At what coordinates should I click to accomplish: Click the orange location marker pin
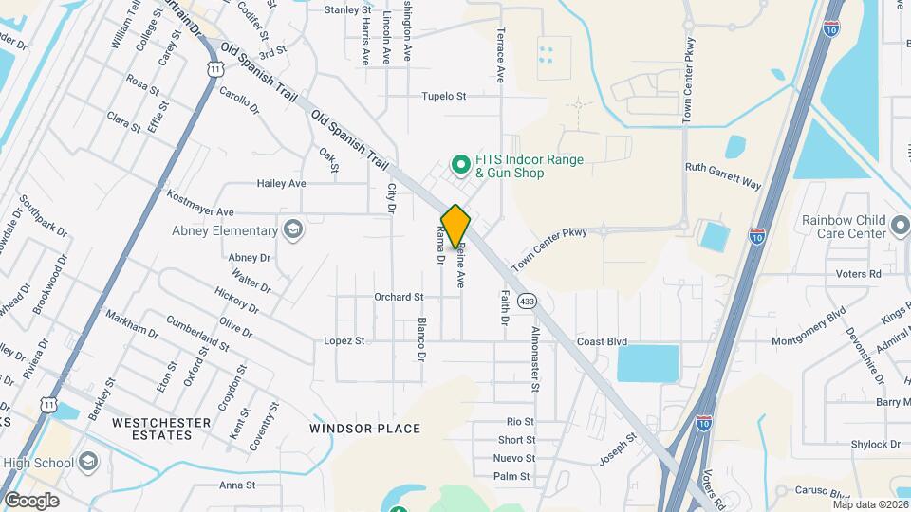(455, 226)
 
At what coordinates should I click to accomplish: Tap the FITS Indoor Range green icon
(461, 165)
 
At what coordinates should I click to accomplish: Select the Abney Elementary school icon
(293, 229)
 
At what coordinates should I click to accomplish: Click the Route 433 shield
(529, 301)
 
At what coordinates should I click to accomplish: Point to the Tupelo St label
(445, 97)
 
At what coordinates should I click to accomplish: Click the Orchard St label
(399, 297)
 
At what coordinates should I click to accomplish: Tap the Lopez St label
(344, 340)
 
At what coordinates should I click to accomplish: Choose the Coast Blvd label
(603, 341)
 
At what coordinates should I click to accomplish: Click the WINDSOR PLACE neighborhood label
(364, 429)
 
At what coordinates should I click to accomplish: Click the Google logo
(31, 500)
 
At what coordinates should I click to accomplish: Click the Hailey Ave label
(282, 183)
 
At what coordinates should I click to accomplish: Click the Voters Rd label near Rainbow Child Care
(862, 274)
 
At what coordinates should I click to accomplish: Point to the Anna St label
(238, 485)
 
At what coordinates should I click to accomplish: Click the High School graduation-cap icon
(88, 462)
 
